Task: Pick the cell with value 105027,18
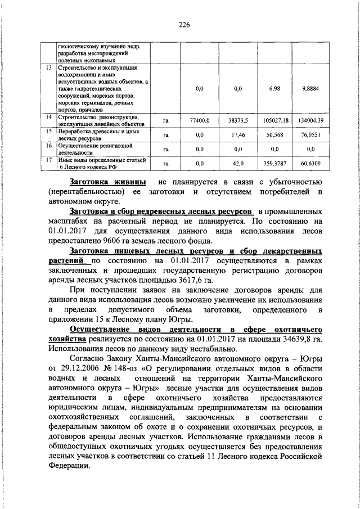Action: (275, 120)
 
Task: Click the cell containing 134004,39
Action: (312, 120)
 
